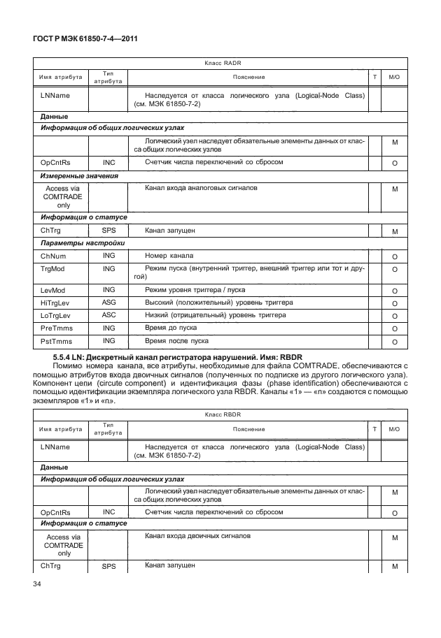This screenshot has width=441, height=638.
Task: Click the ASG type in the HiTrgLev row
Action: coord(108,303)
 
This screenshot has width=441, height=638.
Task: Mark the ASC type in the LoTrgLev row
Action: coord(108,316)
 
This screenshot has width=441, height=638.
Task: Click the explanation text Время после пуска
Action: coord(176,341)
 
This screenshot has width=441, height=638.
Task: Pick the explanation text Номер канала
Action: coord(169,256)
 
